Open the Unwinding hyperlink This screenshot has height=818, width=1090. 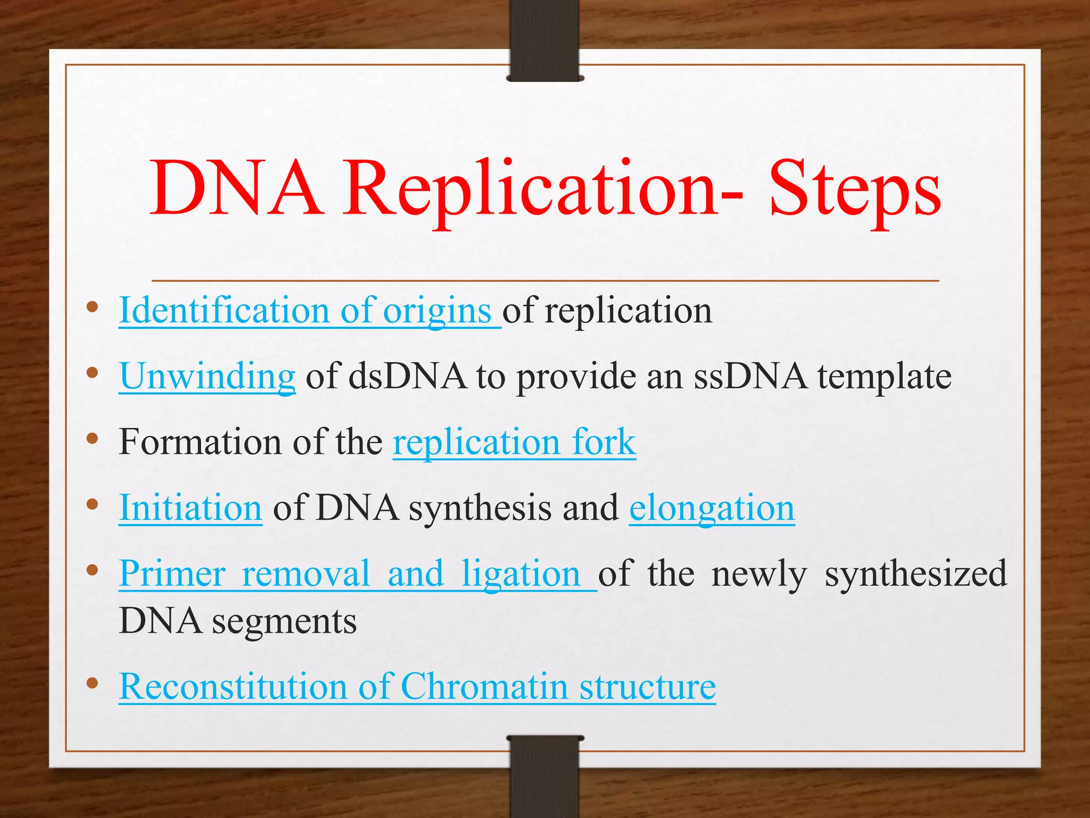click(208, 376)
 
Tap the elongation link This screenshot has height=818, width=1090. click(712, 508)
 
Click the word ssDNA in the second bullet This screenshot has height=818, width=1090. click(750, 376)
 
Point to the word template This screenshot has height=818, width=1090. click(884, 377)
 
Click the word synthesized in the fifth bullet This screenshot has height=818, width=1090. click(915, 574)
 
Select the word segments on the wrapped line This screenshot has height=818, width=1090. click(284, 622)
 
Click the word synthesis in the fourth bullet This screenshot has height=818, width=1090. click(480, 508)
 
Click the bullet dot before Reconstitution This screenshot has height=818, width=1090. click(93, 683)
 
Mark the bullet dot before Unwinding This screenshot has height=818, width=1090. click(93, 372)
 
